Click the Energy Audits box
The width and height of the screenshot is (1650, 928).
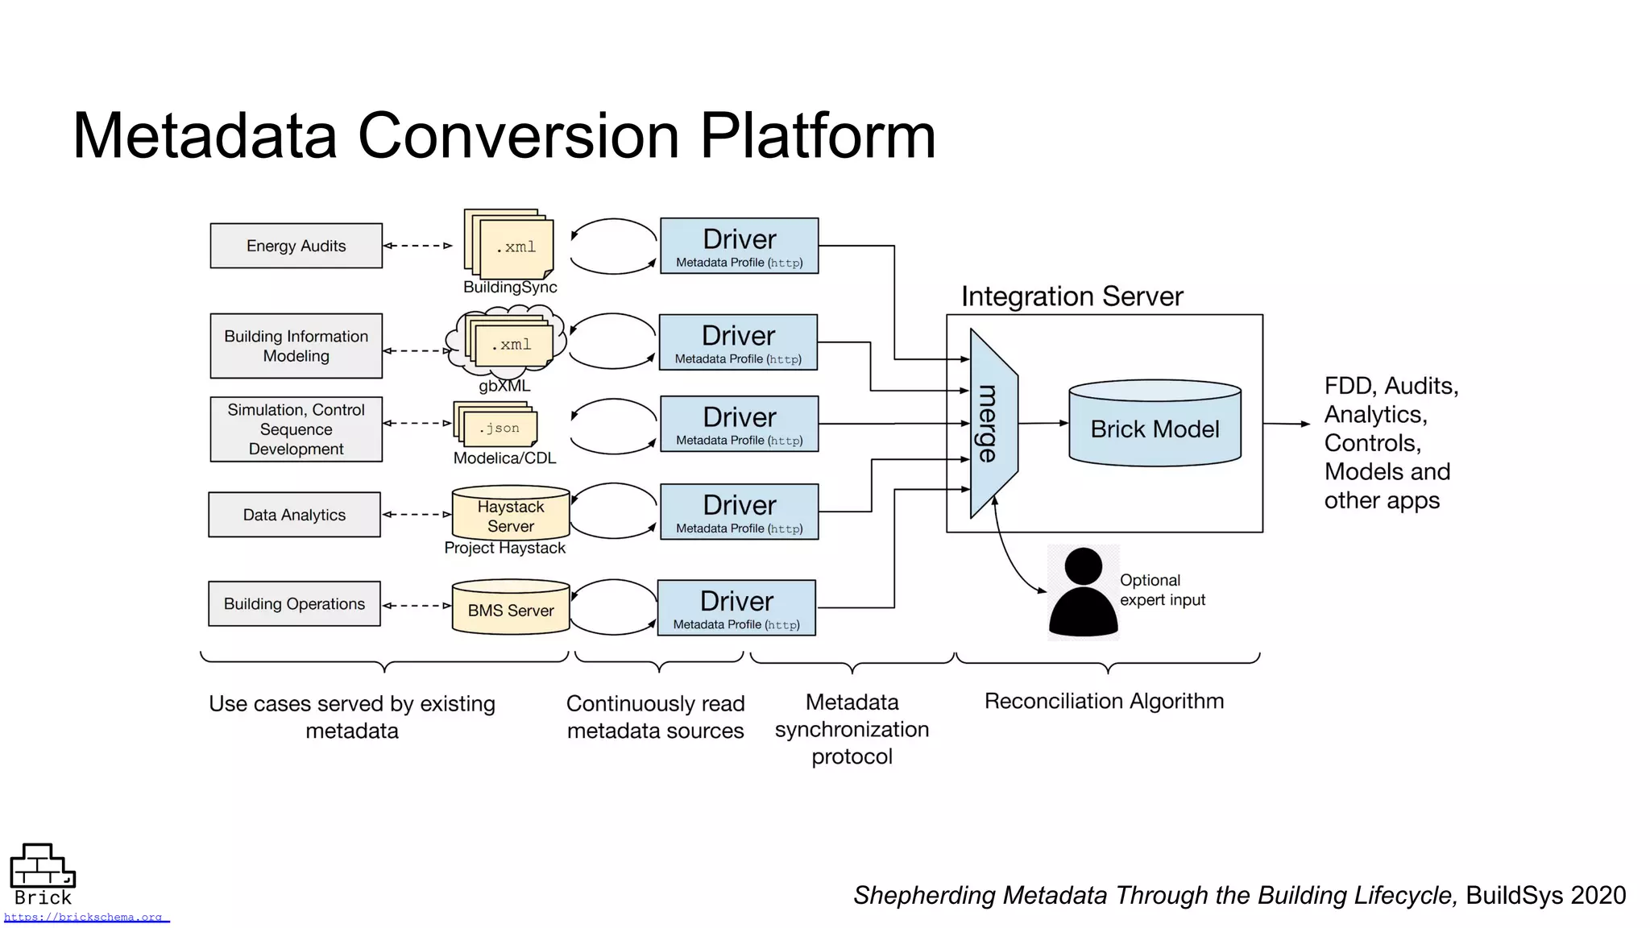[296, 246]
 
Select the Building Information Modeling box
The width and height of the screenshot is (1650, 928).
[296, 346]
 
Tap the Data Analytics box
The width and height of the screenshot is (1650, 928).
[294, 515]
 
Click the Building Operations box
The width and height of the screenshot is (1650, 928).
[294, 603]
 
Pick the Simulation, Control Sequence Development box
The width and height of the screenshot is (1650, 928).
[296, 429]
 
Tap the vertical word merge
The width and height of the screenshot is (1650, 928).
[989, 424]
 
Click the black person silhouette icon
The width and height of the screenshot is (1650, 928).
[1083, 593]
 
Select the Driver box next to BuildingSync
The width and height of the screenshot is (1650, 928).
[739, 246]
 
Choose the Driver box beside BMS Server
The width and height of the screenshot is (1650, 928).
[736, 608]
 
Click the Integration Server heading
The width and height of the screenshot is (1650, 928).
[1072, 296]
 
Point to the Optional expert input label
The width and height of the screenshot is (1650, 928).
[1162, 590]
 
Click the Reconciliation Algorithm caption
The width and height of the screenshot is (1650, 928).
[1104, 701]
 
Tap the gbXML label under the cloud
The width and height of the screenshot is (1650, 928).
[504, 386]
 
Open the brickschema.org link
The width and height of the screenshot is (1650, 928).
[84, 917]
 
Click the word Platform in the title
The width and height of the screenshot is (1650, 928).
[817, 135]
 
